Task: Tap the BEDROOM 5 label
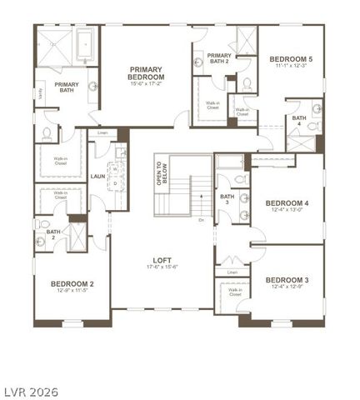tap(291, 59)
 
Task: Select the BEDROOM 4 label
tap(287, 202)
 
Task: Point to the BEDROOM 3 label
tap(287, 279)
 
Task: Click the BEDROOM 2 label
tap(72, 283)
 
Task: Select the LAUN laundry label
tap(97, 176)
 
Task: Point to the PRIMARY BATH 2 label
tap(219, 58)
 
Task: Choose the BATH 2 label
tap(52, 235)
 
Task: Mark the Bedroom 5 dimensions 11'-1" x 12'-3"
tap(291, 67)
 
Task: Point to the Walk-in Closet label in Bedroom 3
tap(234, 292)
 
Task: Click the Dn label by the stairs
tap(201, 220)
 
